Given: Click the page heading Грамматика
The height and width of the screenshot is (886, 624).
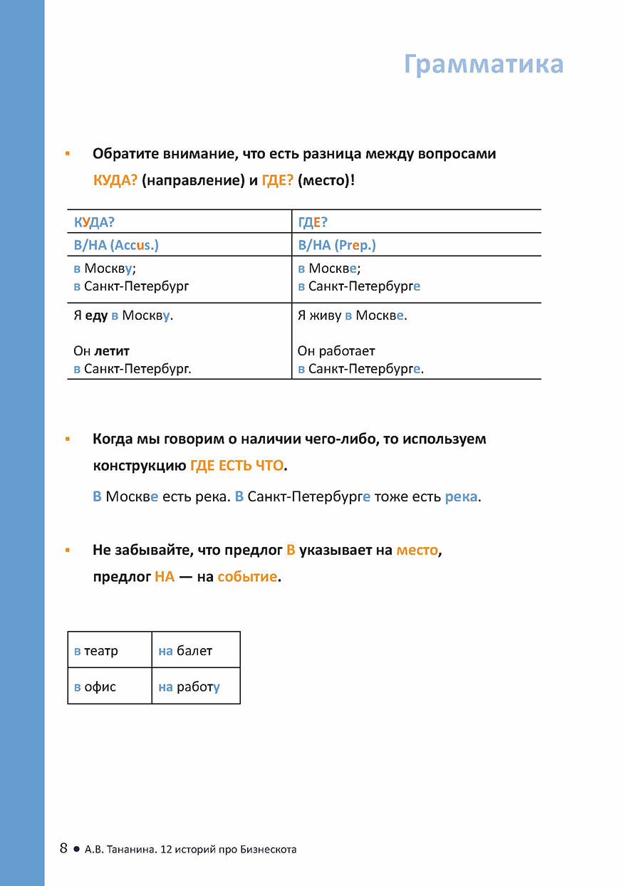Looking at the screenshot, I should coord(483,64).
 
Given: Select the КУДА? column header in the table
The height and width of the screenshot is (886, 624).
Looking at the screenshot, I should coord(94,222).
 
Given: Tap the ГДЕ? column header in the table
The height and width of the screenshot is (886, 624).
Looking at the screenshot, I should coord(313,222).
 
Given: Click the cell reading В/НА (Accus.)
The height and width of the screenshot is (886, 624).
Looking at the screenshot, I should coord(116,245).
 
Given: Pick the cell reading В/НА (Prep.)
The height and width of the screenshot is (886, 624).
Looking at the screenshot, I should coord(337,245).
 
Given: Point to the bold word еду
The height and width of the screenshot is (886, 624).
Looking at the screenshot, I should coord(96,316).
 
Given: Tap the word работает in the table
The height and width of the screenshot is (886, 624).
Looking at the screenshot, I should coord(347,351).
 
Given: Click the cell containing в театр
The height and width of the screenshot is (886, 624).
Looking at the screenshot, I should coord(110,650).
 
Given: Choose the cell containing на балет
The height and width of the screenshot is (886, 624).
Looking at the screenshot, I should coord(195,650).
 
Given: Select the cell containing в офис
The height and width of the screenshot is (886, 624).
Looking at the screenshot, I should coord(110,687).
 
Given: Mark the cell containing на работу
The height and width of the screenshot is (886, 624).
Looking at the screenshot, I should coord(195,687).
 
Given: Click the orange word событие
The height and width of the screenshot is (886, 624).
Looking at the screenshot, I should coord(247,577).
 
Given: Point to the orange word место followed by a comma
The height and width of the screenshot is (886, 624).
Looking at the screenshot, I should coord(417,551).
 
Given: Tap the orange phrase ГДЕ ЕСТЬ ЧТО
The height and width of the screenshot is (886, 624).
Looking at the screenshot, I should coord(236,466).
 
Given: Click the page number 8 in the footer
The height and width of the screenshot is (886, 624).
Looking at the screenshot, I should coord(63,848).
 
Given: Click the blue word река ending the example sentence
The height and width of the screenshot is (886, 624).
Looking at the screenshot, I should coord(461,496).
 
